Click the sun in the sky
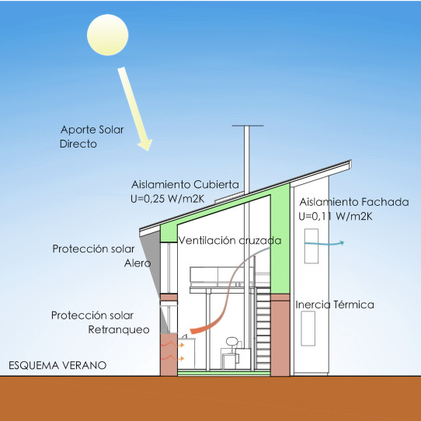pyautogui.click(x=107, y=35)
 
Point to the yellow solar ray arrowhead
pyautogui.click(x=145, y=145)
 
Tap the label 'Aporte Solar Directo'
pyautogui.click(x=92, y=137)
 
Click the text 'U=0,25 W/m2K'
pyautogui.click(x=168, y=199)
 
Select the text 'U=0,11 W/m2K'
pyautogui.click(x=336, y=217)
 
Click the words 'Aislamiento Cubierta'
pyautogui.click(x=185, y=185)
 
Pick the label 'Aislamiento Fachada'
pyautogui.click(x=354, y=202)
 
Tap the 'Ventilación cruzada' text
pyautogui.click(x=230, y=240)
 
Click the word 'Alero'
pyautogui.click(x=137, y=263)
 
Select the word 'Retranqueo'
pyautogui.click(x=119, y=329)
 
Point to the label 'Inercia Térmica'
pyautogui.click(x=335, y=304)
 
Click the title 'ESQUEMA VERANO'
pyautogui.click(x=57, y=365)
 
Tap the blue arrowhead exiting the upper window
pyautogui.click(x=342, y=242)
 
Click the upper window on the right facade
pyautogui.click(x=311, y=246)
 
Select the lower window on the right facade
pyautogui.click(x=308, y=329)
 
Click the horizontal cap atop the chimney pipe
pyautogui.click(x=248, y=126)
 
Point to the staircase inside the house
pyautogui.click(x=263, y=328)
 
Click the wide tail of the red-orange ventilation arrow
pyautogui.click(x=194, y=331)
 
